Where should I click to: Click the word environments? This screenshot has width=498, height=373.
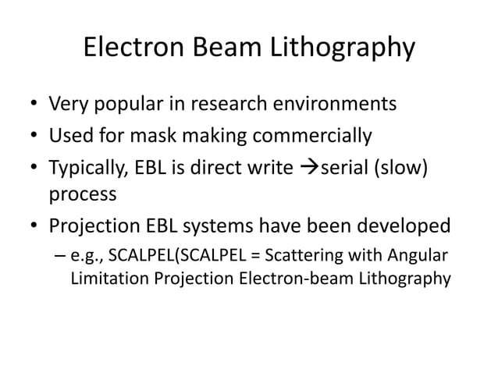tap(340, 104)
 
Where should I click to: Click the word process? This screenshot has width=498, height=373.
tap(82, 194)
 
